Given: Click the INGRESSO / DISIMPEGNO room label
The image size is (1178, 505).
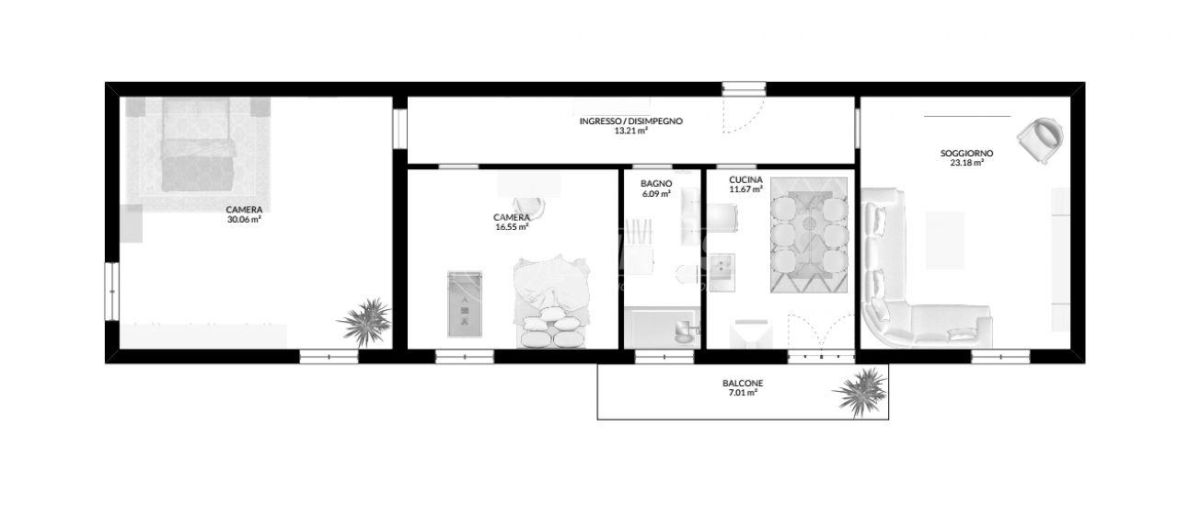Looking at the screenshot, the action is pyautogui.click(x=631, y=121).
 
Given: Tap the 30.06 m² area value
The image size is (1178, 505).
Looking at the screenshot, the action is pyautogui.click(x=244, y=220).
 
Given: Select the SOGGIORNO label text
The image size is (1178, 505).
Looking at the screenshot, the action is pyautogui.click(x=966, y=154).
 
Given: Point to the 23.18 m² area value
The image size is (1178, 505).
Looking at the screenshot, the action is pyautogui.click(x=966, y=163).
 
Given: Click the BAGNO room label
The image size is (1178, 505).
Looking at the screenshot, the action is pyautogui.click(x=656, y=184).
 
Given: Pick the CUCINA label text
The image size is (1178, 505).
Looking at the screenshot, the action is pyautogui.click(x=745, y=180).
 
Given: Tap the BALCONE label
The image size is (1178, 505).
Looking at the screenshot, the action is pyautogui.click(x=743, y=384).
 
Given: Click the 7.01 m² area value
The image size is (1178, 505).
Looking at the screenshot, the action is pyautogui.click(x=743, y=393).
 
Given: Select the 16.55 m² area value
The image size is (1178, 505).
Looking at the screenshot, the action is pyautogui.click(x=512, y=227).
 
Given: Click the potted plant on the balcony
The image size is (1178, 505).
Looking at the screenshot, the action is pyautogui.click(x=861, y=392).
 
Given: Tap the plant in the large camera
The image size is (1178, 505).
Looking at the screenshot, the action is pyautogui.click(x=365, y=322).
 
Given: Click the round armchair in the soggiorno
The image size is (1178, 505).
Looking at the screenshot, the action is pyautogui.click(x=1040, y=141).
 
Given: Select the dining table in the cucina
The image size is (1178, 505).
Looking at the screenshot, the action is pyautogui.click(x=809, y=235).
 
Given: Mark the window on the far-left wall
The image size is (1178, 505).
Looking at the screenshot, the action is pyautogui.click(x=111, y=291).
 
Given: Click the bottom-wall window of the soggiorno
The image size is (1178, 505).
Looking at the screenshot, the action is pyautogui.click(x=1000, y=357).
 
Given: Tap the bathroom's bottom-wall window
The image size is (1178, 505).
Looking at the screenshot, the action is pyautogui.click(x=664, y=357).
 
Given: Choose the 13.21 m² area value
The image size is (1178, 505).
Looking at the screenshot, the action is pyautogui.click(x=631, y=131).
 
